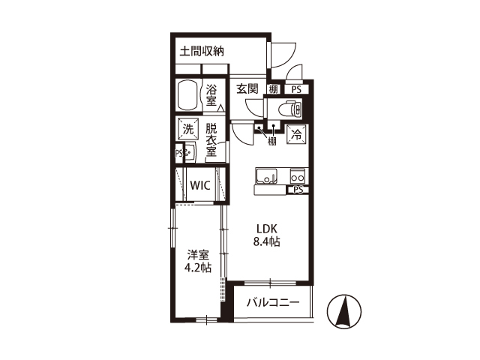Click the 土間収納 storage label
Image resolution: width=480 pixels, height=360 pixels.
tap(202, 51)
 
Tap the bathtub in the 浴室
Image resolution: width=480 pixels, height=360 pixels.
tap(188, 95)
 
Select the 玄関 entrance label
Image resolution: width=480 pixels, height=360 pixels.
tap(247, 88)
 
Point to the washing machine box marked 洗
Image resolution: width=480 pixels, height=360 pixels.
tap(188, 129)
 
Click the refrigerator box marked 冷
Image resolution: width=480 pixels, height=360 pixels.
tap(296, 134)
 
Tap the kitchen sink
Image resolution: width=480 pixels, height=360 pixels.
tap(266, 176)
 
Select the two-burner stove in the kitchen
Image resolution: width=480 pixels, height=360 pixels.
tap(298, 176)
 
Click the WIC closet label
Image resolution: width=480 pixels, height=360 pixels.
tap(200, 185)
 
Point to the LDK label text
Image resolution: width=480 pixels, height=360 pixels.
tap(267, 229)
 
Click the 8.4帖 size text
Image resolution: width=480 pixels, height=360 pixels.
tap(266, 241)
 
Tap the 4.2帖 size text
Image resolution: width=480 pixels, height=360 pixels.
tap(198, 268)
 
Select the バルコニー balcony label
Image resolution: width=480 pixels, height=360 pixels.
tap(273, 303)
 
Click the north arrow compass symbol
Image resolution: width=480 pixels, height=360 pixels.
tap(344, 311)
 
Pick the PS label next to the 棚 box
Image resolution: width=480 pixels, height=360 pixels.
tap(296, 89)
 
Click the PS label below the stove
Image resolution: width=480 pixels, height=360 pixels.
tap(298, 190)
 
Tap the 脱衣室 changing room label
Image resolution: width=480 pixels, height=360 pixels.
tap(211, 139)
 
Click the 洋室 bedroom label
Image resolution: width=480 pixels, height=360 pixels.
tap(198, 255)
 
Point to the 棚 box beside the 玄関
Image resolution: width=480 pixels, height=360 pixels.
tap(273, 89)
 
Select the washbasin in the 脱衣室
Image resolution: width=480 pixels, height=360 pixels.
tap(189, 152)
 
